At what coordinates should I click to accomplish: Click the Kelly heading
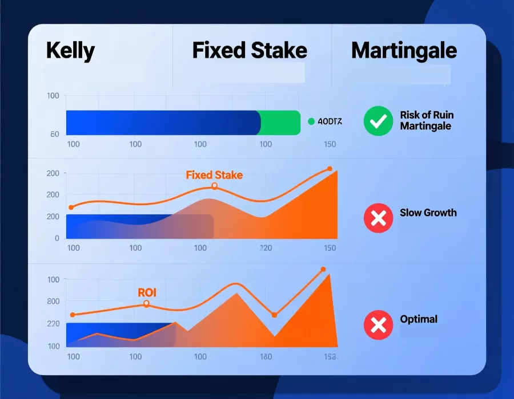(70, 51)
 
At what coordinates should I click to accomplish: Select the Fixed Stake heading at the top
(250, 51)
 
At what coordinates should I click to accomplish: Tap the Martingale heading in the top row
(404, 51)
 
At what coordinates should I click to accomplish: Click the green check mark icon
(378, 121)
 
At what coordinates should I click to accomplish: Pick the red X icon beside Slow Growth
(378, 218)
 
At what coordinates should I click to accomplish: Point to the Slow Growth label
(428, 213)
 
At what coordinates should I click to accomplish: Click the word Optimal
(419, 319)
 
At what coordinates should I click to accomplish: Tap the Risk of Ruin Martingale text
(427, 120)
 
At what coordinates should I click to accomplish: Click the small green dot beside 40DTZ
(311, 121)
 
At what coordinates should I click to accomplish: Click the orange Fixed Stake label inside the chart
(214, 175)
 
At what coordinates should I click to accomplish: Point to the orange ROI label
(147, 293)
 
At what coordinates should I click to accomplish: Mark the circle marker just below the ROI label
(146, 304)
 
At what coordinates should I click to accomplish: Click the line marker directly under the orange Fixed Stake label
(214, 186)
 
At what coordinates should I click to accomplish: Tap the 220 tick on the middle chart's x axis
(266, 248)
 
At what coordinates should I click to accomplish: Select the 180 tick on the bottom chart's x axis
(266, 357)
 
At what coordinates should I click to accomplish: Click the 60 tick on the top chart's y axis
(55, 134)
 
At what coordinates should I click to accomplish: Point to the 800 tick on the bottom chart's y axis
(54, 302)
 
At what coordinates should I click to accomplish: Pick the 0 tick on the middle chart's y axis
(57, 238)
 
